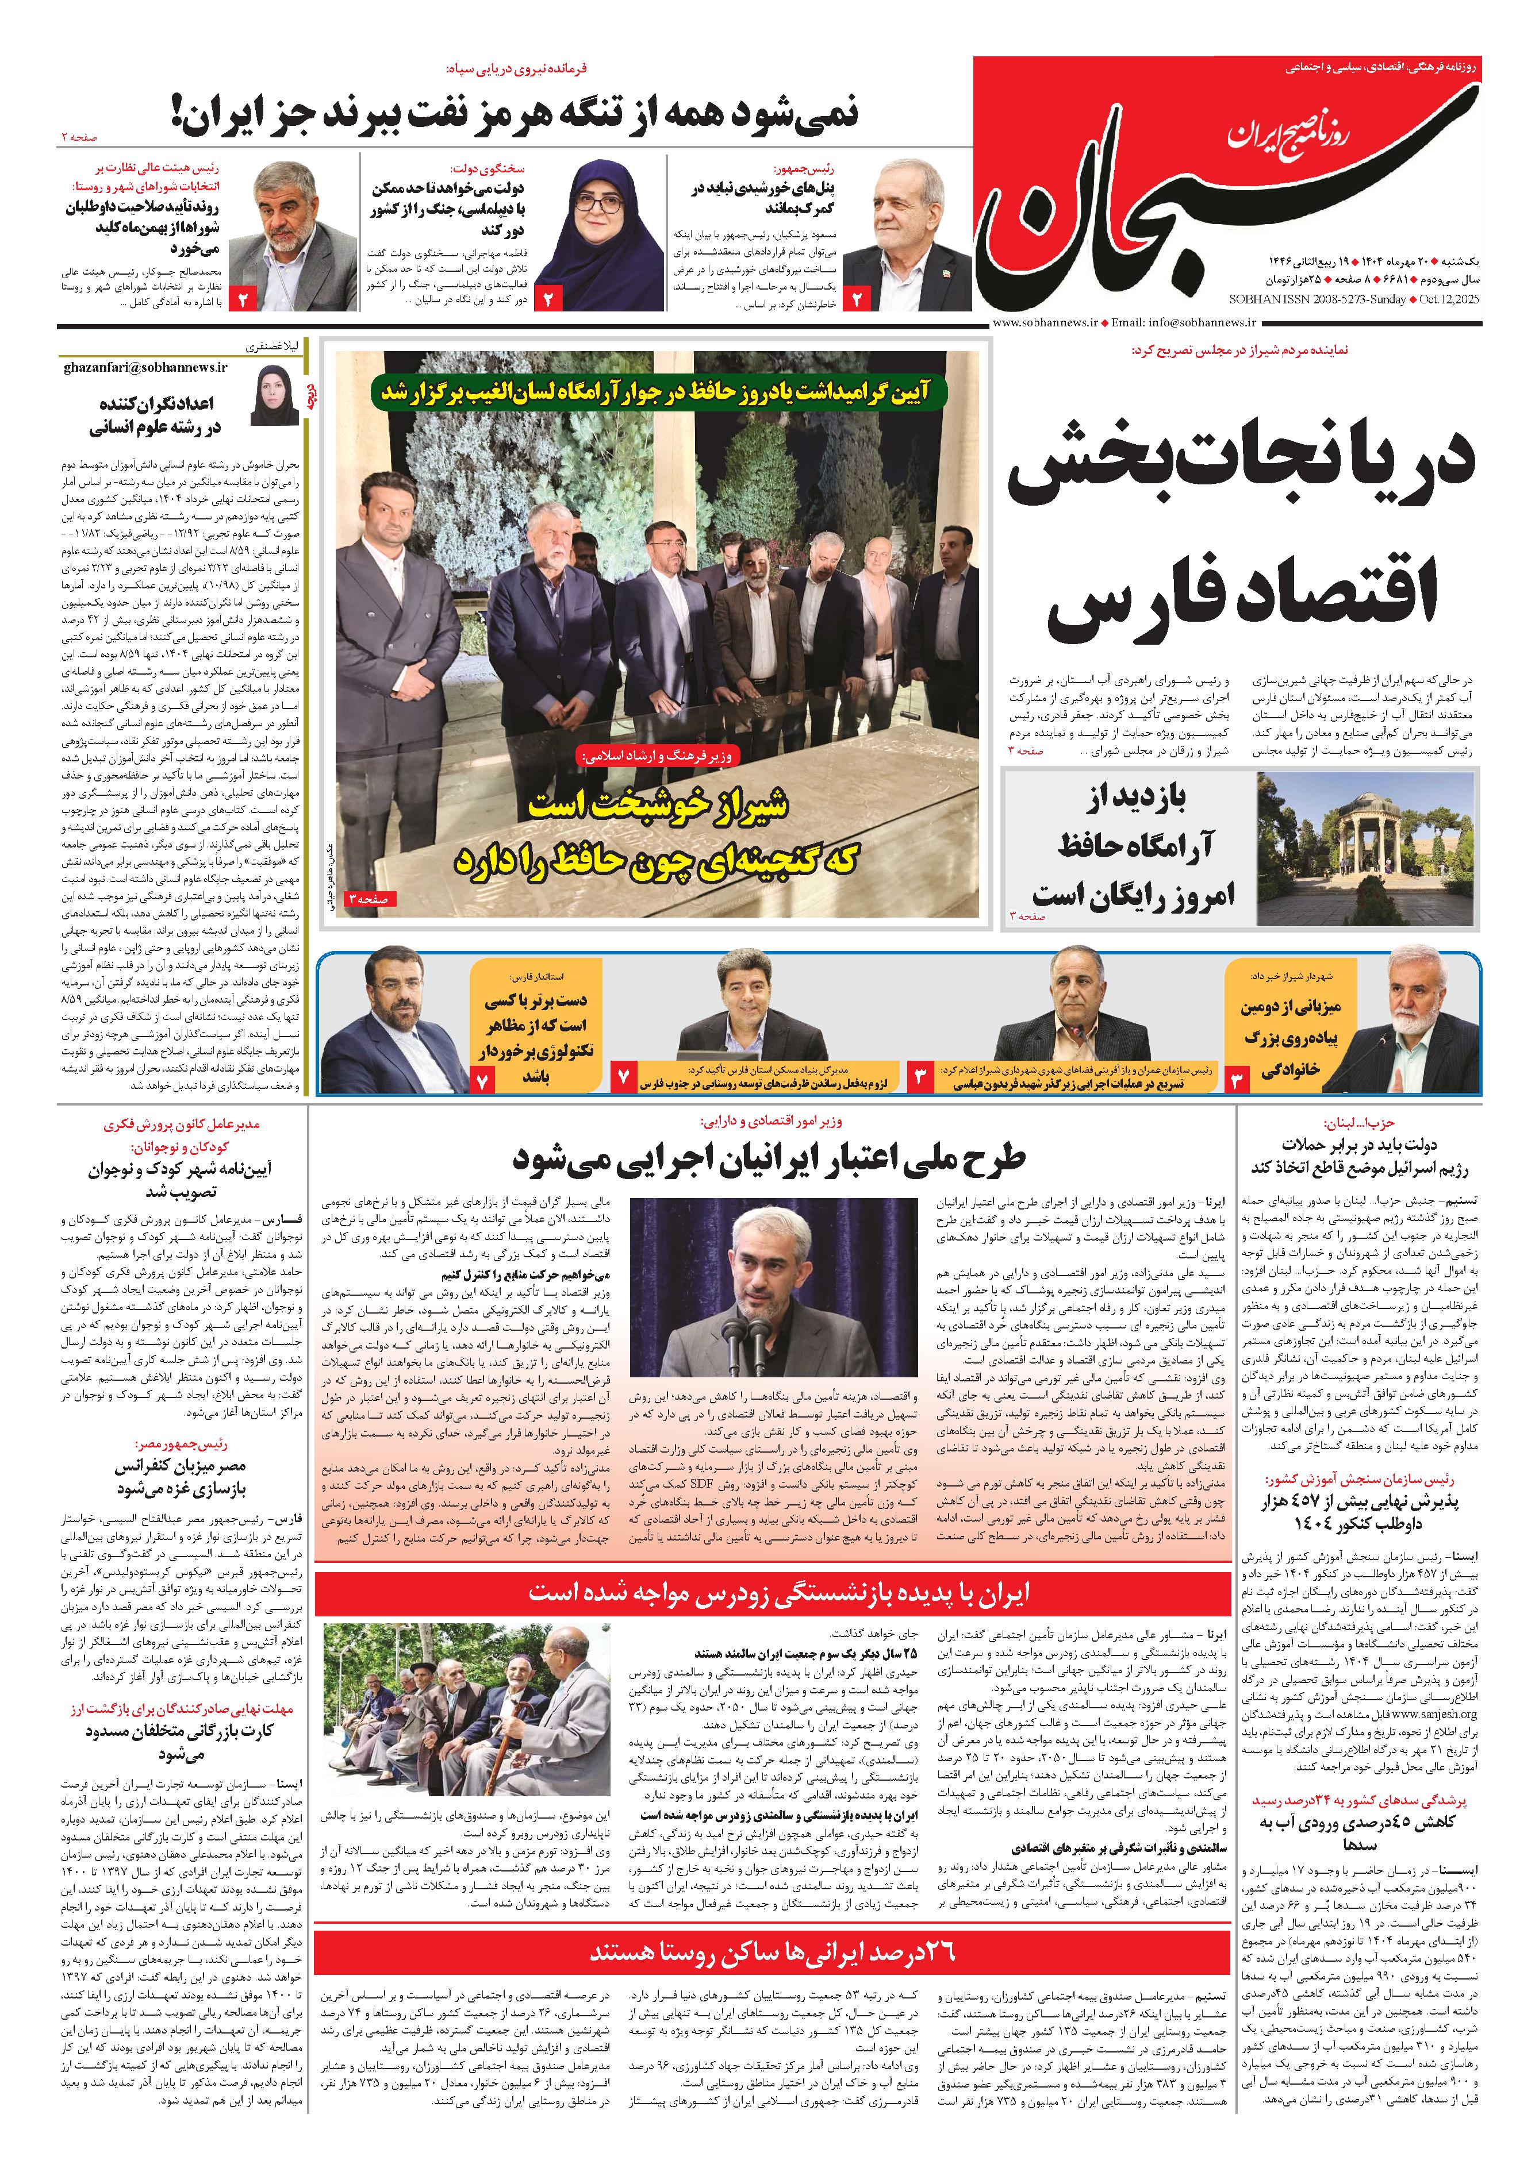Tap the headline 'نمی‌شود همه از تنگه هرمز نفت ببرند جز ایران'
click(516, 113)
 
